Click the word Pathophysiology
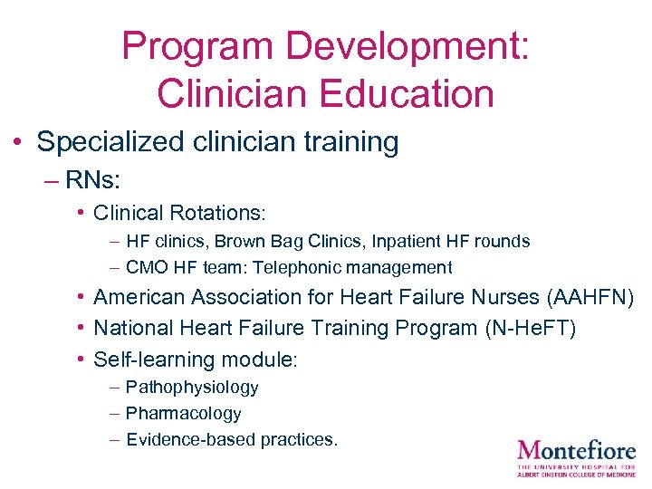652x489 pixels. pyautogui.click(x=192, y=387)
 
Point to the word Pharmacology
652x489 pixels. pyautogui.click(x=183, y=413)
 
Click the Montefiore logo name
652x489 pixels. pyautogui.click(x=576, y=449)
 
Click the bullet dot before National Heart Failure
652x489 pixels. pyautogui.click(x=81, y=327)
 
